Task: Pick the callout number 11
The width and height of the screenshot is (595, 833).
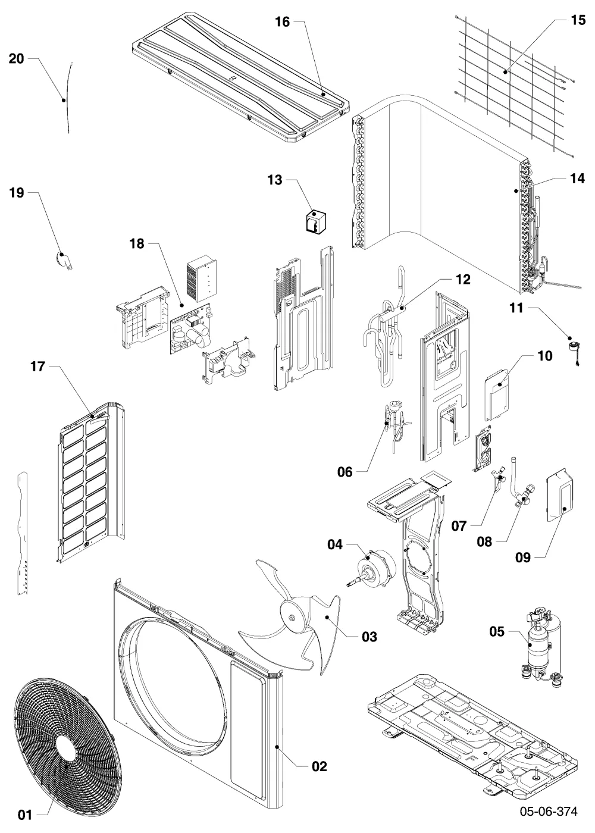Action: [516, 308]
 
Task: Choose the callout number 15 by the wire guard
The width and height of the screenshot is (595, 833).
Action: [578, 20]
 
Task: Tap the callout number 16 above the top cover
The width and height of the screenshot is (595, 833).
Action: [282, 22]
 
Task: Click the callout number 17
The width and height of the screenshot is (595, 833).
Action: [37, 367]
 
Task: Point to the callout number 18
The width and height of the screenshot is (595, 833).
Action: [137, 243]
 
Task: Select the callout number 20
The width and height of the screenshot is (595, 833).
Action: [17, 58]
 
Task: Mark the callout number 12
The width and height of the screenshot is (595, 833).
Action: [463, 279]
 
